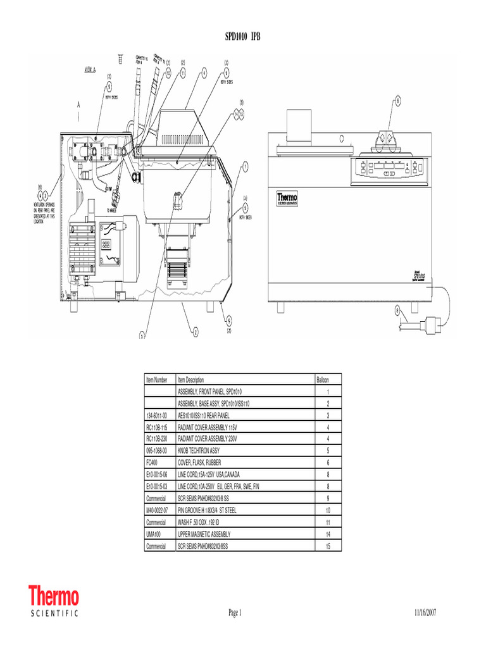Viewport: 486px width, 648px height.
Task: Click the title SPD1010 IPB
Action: pyautogui.click(x=243, y=37)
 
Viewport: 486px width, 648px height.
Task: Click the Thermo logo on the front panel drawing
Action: pyautogui.click(x=287, y=199)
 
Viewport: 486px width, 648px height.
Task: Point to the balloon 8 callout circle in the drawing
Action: pyautogui.click(x=397, y=101)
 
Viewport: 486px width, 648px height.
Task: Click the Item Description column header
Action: pyautogui.click(x=191, y=380)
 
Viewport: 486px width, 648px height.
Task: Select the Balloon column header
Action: pyautogui.click(x=323, y=380)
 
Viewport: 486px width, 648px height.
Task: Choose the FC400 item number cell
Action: pyautogui.click(x=153, y=463)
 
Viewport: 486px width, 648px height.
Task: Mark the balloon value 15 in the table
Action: pyautogui.click(x=328, y=546)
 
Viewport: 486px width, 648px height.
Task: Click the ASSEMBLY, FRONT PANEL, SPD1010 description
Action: pyautogui.click(x=214, y=392)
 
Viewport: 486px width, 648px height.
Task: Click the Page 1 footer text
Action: pyautogui.click(x=235, y=613)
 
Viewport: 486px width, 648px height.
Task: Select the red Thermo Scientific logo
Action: pyautogui.click(x=54, y=602)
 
